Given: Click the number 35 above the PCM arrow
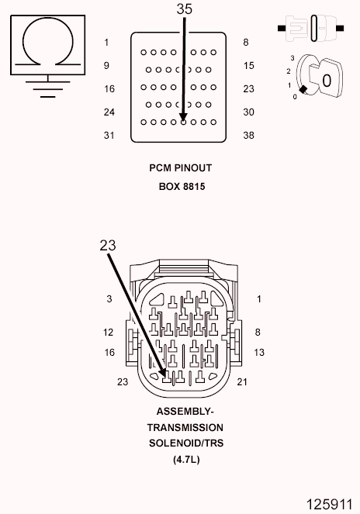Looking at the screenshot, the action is click(x=184, y=9).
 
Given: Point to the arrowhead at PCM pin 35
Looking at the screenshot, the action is click(x=183, y=118).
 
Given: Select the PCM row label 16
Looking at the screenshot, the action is click(x=109, y=89).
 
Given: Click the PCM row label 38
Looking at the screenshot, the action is click(x=248, y=136).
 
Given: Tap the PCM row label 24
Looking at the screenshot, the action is click(x=109, y=112).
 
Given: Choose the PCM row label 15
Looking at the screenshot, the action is click(x=249, y=66).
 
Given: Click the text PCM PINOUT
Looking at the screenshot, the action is click(x=181, y=167).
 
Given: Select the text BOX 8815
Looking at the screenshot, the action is click(x=182, y=187).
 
